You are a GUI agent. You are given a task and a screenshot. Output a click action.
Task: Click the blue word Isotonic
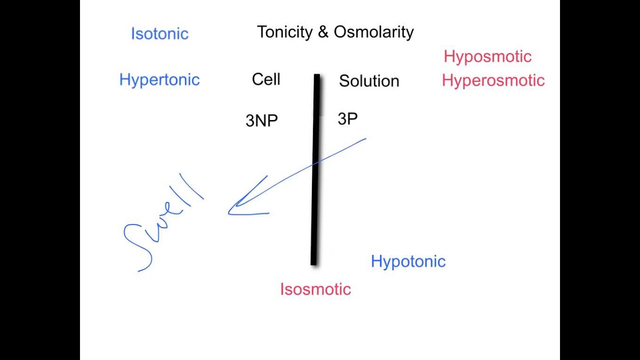pos(159,34)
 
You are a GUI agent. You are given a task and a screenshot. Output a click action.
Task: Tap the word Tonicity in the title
pos(284,32)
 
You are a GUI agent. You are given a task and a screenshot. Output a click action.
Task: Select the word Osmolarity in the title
pos(373,32)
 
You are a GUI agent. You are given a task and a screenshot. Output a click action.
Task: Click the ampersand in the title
pos(322,32)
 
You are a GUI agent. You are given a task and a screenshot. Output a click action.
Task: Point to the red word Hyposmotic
pos(487,57)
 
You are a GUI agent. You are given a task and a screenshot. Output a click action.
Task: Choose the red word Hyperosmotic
pos(493,80)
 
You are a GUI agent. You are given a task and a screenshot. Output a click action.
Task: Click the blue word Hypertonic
pos(159,80)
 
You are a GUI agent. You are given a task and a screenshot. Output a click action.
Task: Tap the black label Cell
pos(266,79)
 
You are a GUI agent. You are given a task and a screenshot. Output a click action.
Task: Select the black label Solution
pos(369,81)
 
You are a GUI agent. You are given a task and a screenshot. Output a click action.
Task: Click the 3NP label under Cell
pos(261,120)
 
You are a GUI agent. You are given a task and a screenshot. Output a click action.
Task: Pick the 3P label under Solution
pos(347,119)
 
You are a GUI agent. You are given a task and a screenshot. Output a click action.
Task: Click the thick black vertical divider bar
pos(315,200)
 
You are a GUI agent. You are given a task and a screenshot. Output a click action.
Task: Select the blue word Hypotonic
pos(408,261)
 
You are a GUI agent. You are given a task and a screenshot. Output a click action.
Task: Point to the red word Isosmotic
pos(315,289)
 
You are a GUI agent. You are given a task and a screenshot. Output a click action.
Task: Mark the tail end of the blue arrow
pos(365,139)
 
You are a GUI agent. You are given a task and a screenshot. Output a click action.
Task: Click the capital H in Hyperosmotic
pos(446,80)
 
